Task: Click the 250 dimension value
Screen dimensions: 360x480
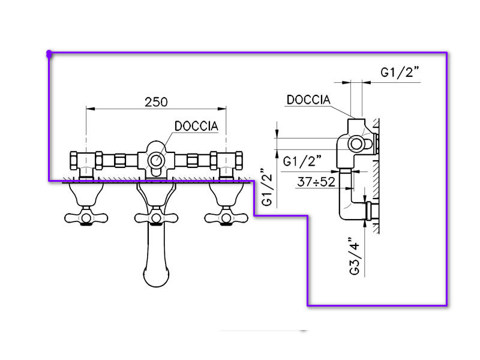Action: pyautogui.click(x=156, y=102)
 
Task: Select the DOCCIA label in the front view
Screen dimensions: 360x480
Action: pyautogui.click(x=200, y=126)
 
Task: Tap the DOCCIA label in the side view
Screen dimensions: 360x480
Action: pyautogui.click(x=308, y=100)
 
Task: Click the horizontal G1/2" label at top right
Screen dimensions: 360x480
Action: pyautogui.click(x=400, y=72)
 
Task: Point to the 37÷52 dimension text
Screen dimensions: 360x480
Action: pyautogui.click(x=316, y=182)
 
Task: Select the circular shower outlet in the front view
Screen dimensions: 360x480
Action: pyautogui.click(x=156, y=160)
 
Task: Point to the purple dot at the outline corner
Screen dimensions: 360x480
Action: pyautogui.click(x=49, y=54)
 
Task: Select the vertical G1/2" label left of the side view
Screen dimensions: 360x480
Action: pyautogui.click(x=268, y=188)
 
